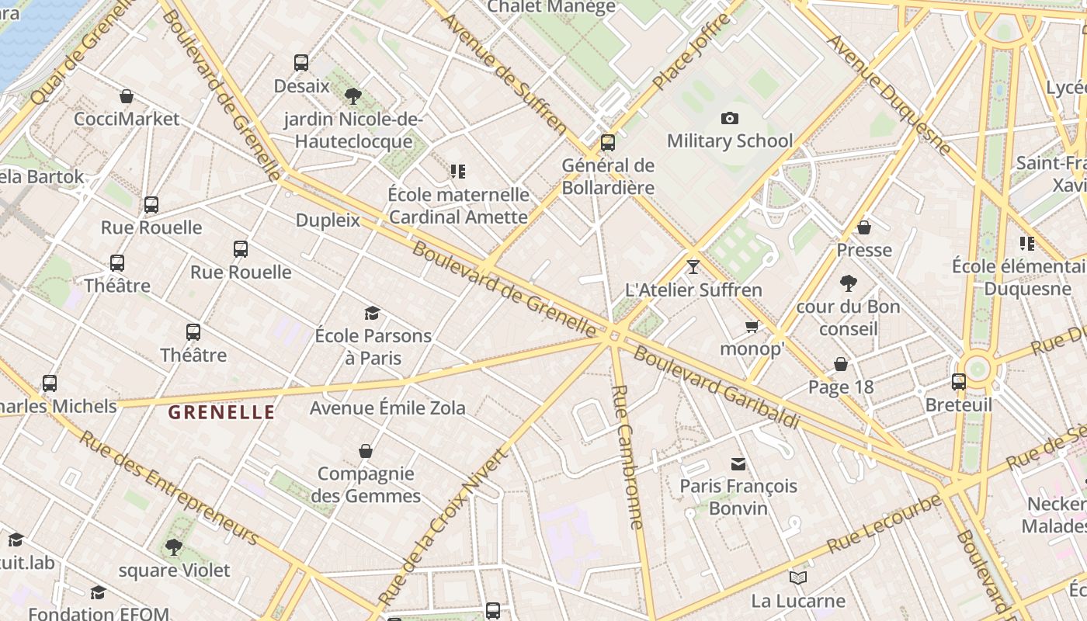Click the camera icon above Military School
pyautogui.click(x=729, y=118)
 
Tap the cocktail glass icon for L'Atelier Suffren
pyautogui.click(x=693, y=267)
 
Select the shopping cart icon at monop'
pyautogui.click(x=751, y=327)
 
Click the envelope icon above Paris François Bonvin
pyautogui.click(x=738, y=463)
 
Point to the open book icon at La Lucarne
pyautogui.click(x=797, y=578)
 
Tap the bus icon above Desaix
pyautogui.click(x=301, y=63)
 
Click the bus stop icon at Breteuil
pyautogui.click(x=959, y=382)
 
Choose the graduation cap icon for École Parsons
pyautogui.click(x=373, y=313)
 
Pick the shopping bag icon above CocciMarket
pyautogui.click(x=127, y=96)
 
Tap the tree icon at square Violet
pyautogui.click(x=174, y=547)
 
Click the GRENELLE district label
pyautogui.click(x=221, y=412)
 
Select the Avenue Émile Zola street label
pyautogui.click(x=387, y=408)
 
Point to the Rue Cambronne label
pyautogui.click(x=627, y=457)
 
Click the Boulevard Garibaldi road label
pyautogui.click(x=716, y=387)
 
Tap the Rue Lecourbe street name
pyautogui.click(x=884, y=524)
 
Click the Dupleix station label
pyautogui.click(x=328, y=220)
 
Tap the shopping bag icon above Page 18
pyautogui.click(x=841, y=364)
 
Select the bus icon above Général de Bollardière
pyautogui.click(x=608, y=143)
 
